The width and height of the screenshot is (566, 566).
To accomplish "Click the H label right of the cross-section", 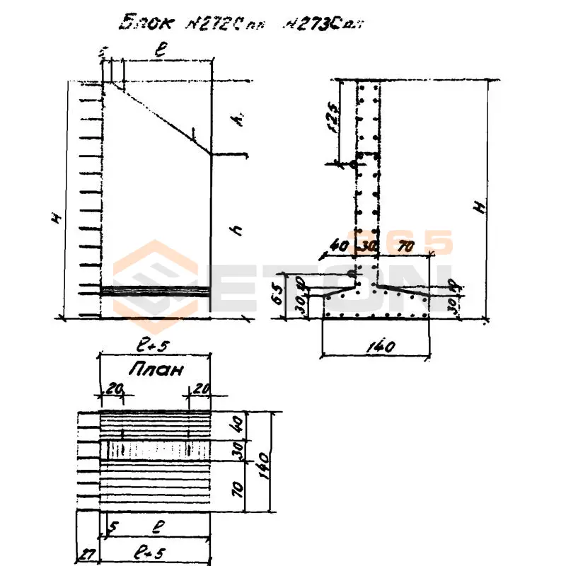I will (x=480, y=207).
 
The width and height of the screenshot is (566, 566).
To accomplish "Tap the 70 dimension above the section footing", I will (x=405, y=248).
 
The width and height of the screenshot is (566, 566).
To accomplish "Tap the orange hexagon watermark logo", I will (x=155, y=279).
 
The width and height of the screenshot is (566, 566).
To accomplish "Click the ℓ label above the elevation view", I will (x=162, y=52).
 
